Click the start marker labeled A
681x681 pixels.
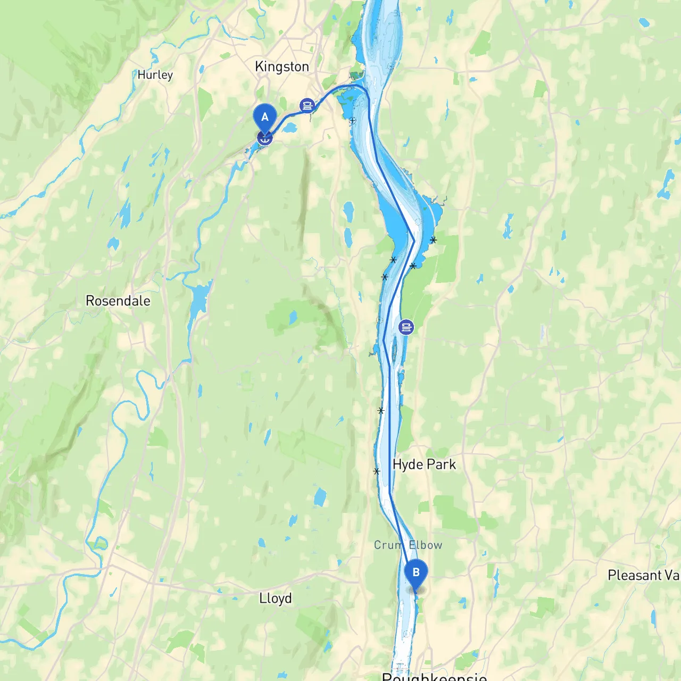(264, 117)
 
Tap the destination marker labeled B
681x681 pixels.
(416, 573)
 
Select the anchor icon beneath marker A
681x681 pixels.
(264, 138)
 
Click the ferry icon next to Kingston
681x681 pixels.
(307, 105)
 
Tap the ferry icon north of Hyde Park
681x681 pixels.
(406, 327)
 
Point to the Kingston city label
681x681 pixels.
(281, 67)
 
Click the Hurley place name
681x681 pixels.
(155, 75)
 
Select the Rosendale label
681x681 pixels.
(118, 301)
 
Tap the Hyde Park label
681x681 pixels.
(424, 464)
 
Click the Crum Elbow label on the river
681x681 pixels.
(408, 545)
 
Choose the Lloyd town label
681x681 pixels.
(275, 599)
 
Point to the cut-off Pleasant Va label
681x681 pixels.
(643, 575)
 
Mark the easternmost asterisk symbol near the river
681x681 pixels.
(434, 240)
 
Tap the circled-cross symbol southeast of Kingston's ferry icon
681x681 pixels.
(352, 121)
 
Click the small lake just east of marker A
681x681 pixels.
(290, 128)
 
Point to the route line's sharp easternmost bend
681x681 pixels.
(414, 240)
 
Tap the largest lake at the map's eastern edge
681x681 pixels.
(667, 184)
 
